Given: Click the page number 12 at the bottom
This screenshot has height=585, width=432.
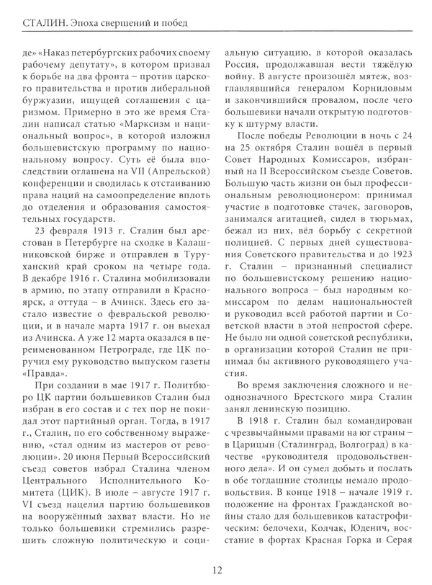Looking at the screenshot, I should click(216, 568).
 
